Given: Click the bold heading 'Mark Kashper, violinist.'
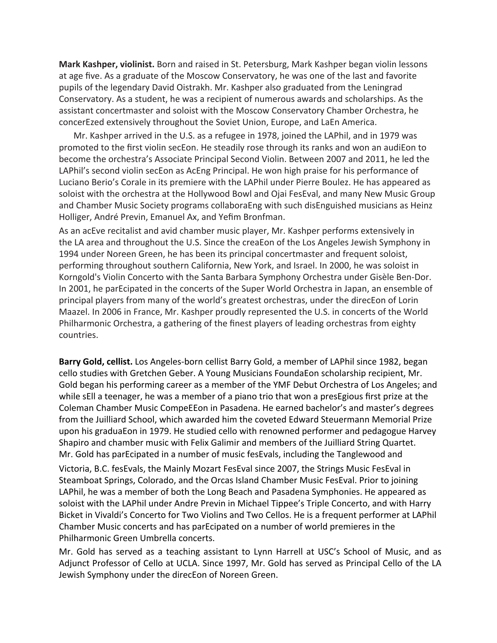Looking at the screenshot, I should coord(107,65).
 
